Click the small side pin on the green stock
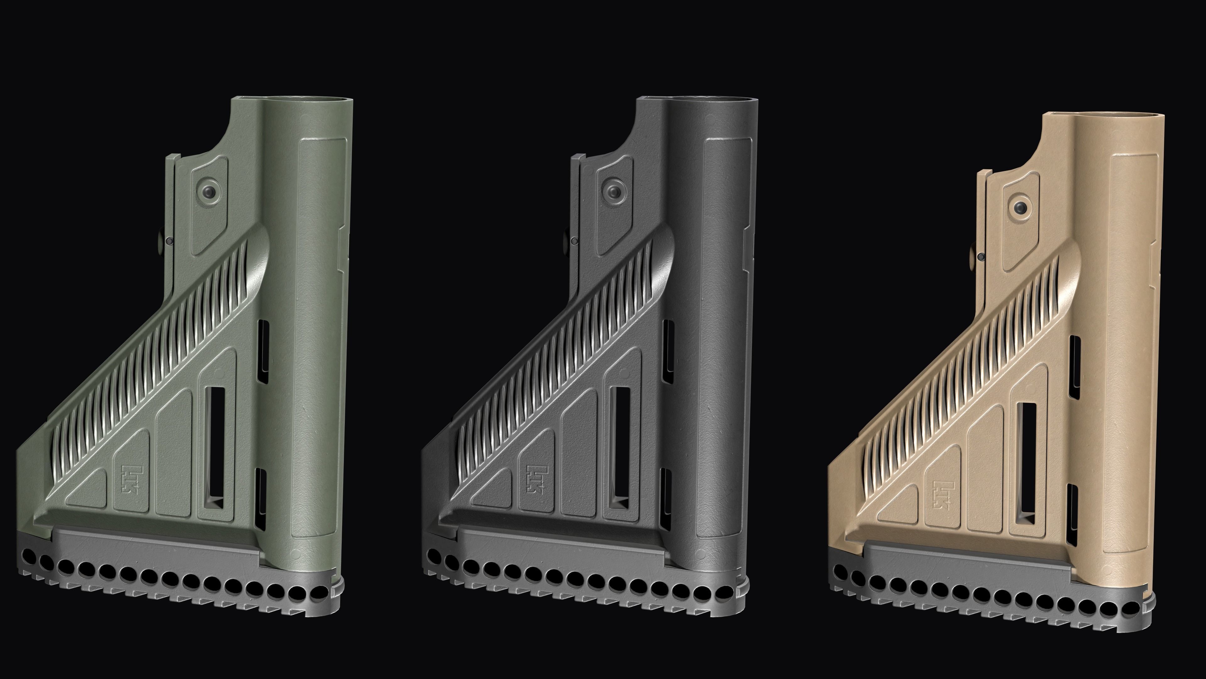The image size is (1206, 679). [170, 241]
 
